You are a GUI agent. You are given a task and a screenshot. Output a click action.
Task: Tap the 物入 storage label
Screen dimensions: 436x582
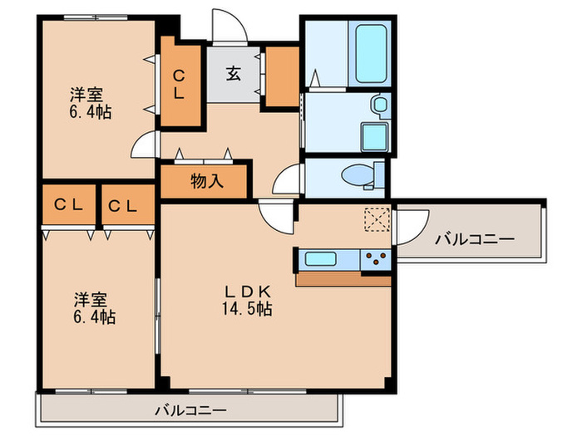pyautogui.click(x=206, y=181)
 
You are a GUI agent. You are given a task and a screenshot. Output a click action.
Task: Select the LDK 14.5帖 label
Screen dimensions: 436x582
pyautogui.click(x=247, y=300)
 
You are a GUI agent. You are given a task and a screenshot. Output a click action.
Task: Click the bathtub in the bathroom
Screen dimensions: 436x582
pyautogui.click(x=372, y=53)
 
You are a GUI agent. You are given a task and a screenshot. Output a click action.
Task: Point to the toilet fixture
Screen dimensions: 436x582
pyautogui.click(x=363, y=176)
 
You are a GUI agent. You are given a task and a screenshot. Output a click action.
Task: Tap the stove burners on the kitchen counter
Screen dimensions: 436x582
pyautogui.click(x=377, y=259)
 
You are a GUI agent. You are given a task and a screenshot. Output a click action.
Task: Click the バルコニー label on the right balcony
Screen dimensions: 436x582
pyautogui.click(x=475, y=240)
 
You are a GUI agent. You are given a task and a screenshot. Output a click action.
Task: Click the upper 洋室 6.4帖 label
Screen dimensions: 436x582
pyautogui.click(x=90, y=103)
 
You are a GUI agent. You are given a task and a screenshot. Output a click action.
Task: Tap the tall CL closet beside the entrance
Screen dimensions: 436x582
pyautogui.click(x=180, y=84)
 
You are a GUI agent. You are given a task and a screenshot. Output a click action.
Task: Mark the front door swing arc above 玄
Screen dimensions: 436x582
pyautogui.click(x=226, y=25)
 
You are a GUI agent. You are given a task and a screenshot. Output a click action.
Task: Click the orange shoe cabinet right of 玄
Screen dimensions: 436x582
pyautogui.click(x=283, y=76)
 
